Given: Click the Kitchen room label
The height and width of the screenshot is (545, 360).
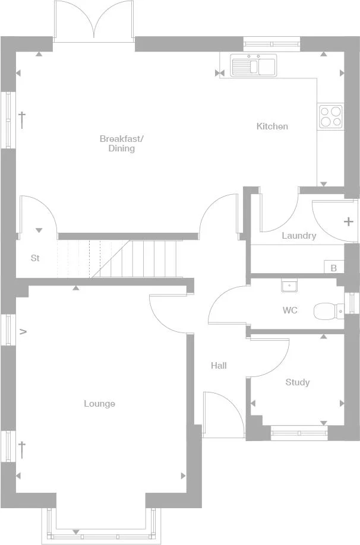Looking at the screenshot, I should pos(272,126).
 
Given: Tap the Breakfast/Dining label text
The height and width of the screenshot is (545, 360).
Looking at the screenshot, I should pos(121,144).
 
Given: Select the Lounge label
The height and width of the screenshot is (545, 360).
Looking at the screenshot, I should pos(99,404).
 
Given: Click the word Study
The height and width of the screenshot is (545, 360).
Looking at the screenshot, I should pos(297,382).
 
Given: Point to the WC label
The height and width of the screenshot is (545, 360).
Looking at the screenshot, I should pos(290,310).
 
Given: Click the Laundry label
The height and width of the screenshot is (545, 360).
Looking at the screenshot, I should pos(299,236).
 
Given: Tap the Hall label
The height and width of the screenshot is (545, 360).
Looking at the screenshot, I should pos(219,366).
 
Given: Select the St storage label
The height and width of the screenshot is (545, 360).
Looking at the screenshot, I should pos(35,258).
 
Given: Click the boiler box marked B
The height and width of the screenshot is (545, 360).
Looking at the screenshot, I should pos(333,268).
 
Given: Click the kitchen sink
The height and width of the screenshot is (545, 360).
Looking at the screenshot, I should pos(254,65).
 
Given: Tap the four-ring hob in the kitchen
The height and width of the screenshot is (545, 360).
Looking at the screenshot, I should pos(330,116).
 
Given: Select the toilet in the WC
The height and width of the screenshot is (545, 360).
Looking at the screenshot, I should pos(329,310).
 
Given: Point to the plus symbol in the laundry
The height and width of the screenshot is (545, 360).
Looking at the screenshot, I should pos(348,222).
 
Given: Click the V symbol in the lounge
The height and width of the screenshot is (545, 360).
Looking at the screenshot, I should pos(23,332).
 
